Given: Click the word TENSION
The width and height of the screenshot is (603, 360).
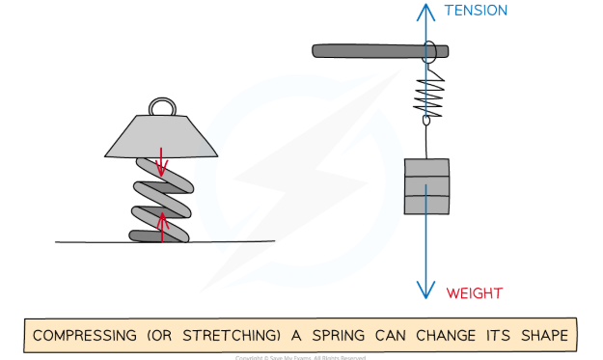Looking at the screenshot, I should [x=475, y=11].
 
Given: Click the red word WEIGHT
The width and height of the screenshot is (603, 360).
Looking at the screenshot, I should [x=474, y=292].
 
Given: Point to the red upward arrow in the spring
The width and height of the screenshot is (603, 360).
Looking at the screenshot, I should [x=161, y=226].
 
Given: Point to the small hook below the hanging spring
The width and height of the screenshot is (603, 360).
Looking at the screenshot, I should [x=425, y=123].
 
